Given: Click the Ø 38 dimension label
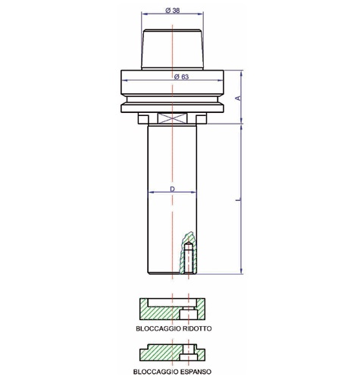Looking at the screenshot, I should tap(174, 10).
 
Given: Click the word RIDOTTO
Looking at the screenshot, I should tap(196, 330).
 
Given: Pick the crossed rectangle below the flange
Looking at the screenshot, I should tap(173, 118).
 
